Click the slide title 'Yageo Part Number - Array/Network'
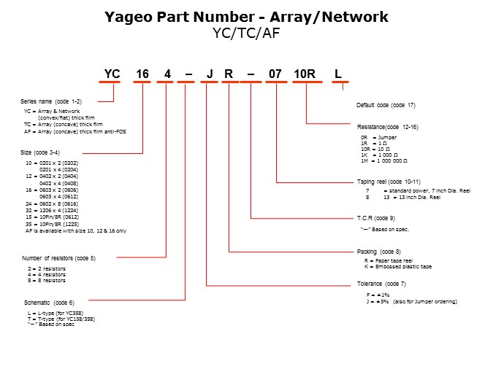pyautogui.click(x=246, y=17)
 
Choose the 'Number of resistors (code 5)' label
pyautogui.click(x=58, y=258)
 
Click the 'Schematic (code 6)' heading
pyautogui.click(x=49, y=302)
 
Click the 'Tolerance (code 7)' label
pyautogui.click(x=381, y=283)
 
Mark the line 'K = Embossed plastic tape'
pyautogui.click(x=398, y=267)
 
